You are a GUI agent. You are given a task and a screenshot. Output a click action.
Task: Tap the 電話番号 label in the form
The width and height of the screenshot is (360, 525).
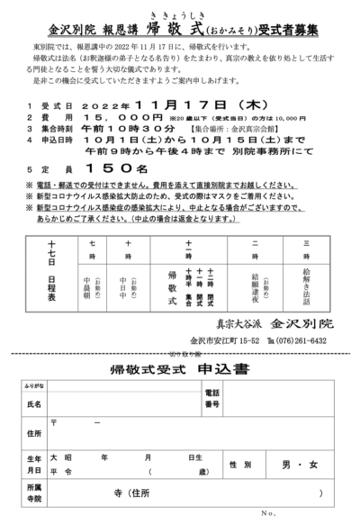pyautogui.click(x=211, y=398)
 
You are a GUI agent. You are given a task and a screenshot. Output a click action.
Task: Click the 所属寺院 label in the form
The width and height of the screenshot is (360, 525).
pyautogui.click(x=33, y=493)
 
